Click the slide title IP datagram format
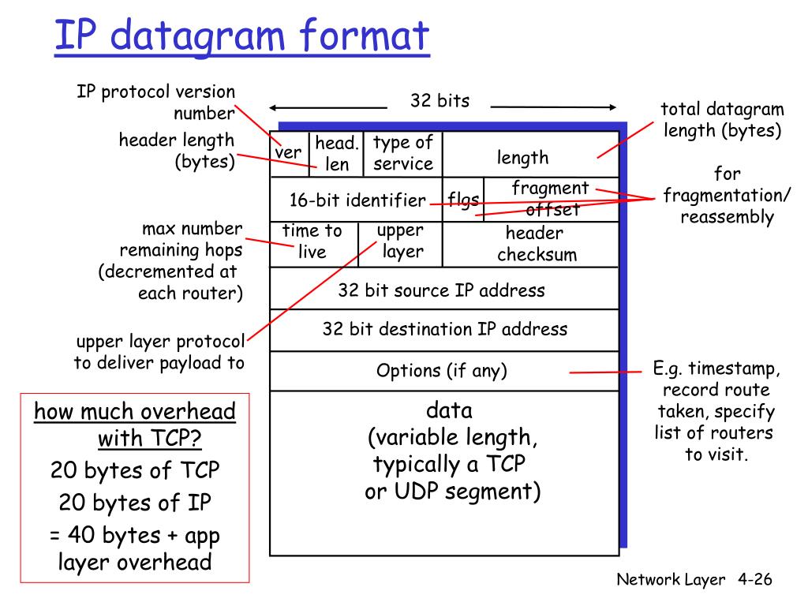pos(241,38)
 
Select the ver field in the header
pos(288,152)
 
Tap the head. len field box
pos(337,154)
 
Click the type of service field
pos(403,153)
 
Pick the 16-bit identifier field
pos(357,200)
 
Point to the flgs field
pos(464,200)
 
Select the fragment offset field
pos(551,199)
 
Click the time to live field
pos(312,241)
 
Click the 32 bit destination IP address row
pos(444,329)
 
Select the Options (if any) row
pos(442,370)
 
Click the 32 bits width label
pos(440,101)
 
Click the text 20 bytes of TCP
pos(135,470)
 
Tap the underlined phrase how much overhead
pos(135,412)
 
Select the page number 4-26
pos(754,580)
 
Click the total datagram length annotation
pos(722,120)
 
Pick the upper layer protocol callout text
pos(160,353)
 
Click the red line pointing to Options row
pos(606,372)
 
